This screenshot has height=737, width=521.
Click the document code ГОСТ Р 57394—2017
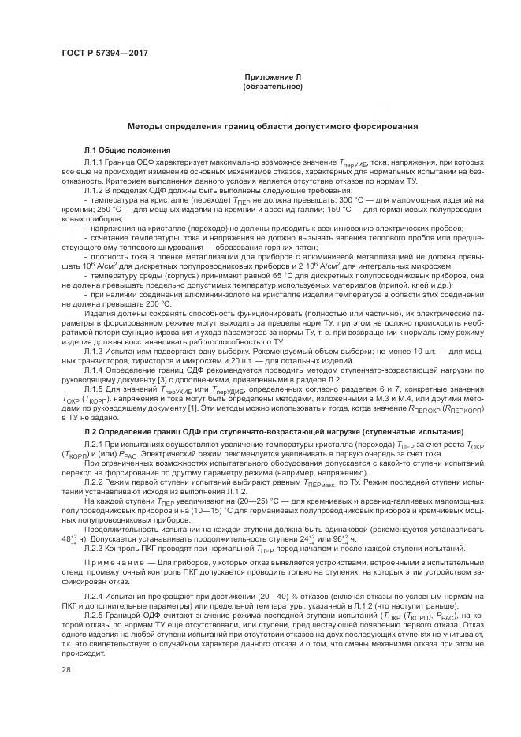104,53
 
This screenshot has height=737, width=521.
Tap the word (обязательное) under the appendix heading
272,86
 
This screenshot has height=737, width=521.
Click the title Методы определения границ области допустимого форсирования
272,126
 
